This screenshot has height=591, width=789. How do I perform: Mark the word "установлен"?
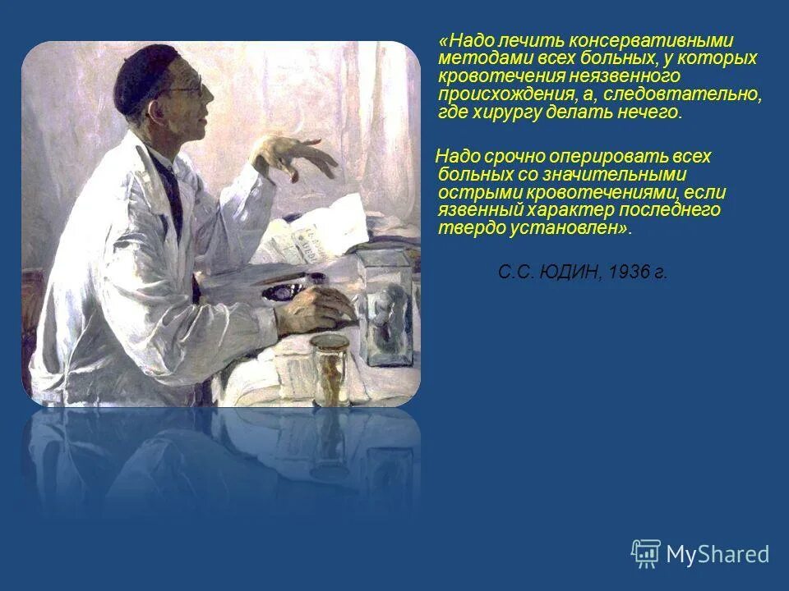566,229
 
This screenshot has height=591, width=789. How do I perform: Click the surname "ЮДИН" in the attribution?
570,273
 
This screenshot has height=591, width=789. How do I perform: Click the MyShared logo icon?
645,552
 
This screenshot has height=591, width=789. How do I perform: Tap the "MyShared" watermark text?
717,554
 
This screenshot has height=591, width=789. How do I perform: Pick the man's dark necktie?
173,197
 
